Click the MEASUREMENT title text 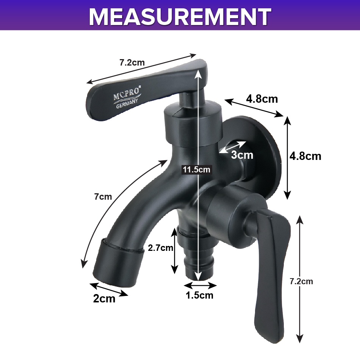click(x=180, y=17)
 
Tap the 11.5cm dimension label click(x=196, y=170)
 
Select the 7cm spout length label click(x=103, y=197)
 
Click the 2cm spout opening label click(x=104, y=299)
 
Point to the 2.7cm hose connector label click(x=160, y=248)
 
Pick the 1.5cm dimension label click(x=199, y=295)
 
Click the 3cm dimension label click(x=242, y=155)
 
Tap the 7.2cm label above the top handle click(x=132, y=63)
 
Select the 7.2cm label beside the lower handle click(x=301, y=281)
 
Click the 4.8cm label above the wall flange click(x=262, y=99)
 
